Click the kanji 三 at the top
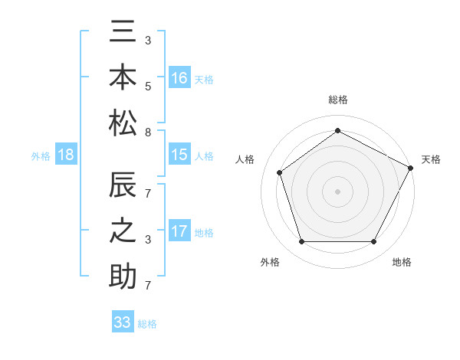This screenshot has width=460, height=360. (123, 34)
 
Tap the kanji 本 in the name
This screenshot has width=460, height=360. (123, 77)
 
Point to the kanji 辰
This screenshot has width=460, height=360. (123, 187)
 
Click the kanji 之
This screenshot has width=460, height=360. (123, 231)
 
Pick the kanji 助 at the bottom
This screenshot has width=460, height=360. (123, 275)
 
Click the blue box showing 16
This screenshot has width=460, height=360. (179, 77)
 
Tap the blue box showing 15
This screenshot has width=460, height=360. (179, 155)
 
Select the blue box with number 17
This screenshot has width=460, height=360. (179, 231)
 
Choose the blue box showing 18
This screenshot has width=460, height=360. (66, 155)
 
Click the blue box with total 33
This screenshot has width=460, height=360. (123, 322)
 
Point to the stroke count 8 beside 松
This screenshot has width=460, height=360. (147, 132)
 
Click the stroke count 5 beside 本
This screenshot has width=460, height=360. (147, 87)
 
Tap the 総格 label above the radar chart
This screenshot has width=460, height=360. (338, 100)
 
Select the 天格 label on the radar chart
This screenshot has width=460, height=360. (431, 159)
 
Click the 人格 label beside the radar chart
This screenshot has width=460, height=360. (245, 159)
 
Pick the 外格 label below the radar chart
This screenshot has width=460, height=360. (270, 262)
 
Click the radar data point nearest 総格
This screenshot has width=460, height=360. (338, 131)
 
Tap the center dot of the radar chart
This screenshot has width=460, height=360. (338, 191)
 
